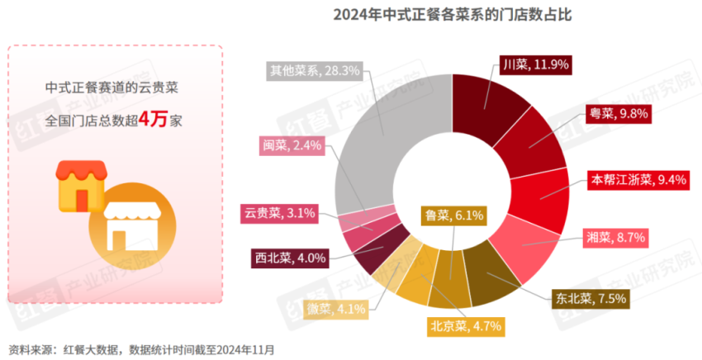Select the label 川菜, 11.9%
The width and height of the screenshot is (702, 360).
(536, 64)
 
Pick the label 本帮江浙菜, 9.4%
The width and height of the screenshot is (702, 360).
(633, 179)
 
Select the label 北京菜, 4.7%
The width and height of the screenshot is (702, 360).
(464, 325)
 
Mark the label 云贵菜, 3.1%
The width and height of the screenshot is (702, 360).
(281, 214)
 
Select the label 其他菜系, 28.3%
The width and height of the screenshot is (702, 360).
(315, 71)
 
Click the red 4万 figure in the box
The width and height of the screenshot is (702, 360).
(154, 119)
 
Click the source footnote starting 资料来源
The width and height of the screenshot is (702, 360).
(140, 350)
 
